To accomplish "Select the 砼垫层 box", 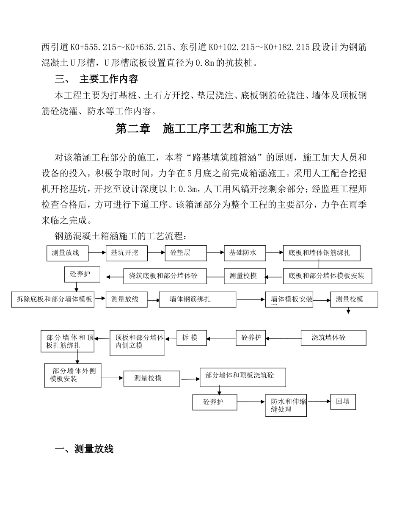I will [x=186, y=253].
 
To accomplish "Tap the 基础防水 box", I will [x=245, y=253].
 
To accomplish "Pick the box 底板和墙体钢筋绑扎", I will [x=322, y=253].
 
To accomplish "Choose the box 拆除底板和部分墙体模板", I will [x=53, y=299].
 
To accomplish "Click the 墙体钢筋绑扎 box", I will [x=197, y=299].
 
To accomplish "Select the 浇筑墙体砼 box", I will [x=333, y=338].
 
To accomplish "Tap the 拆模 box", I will [x=191, y=338].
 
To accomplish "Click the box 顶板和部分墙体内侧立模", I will [x=137, y=343].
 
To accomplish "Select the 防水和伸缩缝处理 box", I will [x=286, y=406].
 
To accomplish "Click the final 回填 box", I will [x=343, y=402].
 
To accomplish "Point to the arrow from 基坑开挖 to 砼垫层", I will [x=156, y=253].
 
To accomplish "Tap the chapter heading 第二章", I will [x=133, y=129].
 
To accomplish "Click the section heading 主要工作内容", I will [x=109, y=79].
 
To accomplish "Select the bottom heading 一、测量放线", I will [x=84, y=449].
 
